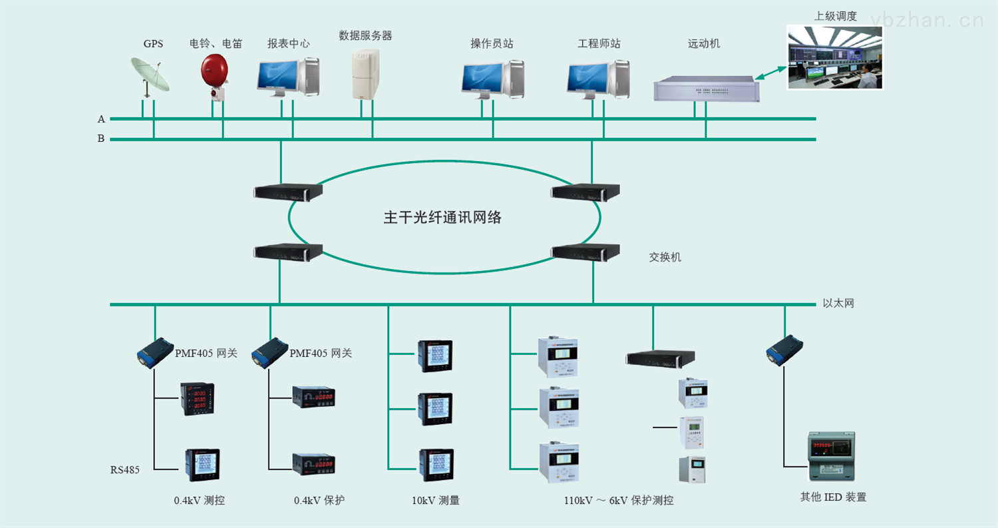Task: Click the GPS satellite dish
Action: click(x=149, y=75)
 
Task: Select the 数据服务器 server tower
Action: click(x=365, y=75)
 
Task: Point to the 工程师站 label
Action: click(x=599, y=44)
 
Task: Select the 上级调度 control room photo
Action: click(x=834, y=57)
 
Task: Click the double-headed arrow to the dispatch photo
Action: click(x=771, y=73)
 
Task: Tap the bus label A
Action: click(x=101, y=119)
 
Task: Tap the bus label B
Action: click(x=101, y=139)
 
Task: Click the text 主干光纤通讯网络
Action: click(x=442, y=218)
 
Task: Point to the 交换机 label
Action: click(x=665, y=257)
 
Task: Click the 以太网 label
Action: click(x=838, y=304)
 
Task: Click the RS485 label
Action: click(x=125, y=470)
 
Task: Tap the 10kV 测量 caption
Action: click(x=436, y=500)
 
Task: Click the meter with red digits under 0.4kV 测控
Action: click(x=199, y=399)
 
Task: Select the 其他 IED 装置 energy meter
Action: click(x=830, y=456)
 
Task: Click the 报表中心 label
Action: click(x=288, y=44)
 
